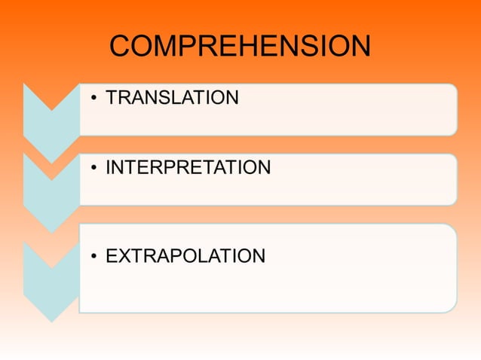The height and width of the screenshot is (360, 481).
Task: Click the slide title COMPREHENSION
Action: click(x=240, y=47)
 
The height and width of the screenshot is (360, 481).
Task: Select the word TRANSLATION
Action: click(x=172, y=98)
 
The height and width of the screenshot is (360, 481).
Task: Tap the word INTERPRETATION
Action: click(x=188, y=167)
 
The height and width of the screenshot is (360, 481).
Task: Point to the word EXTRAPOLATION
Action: click(x=185, y=256)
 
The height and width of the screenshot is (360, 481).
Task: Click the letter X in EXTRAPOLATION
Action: click(x=124, y=256)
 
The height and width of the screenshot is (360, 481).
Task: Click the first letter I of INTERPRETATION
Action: click(x=109, y=167)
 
